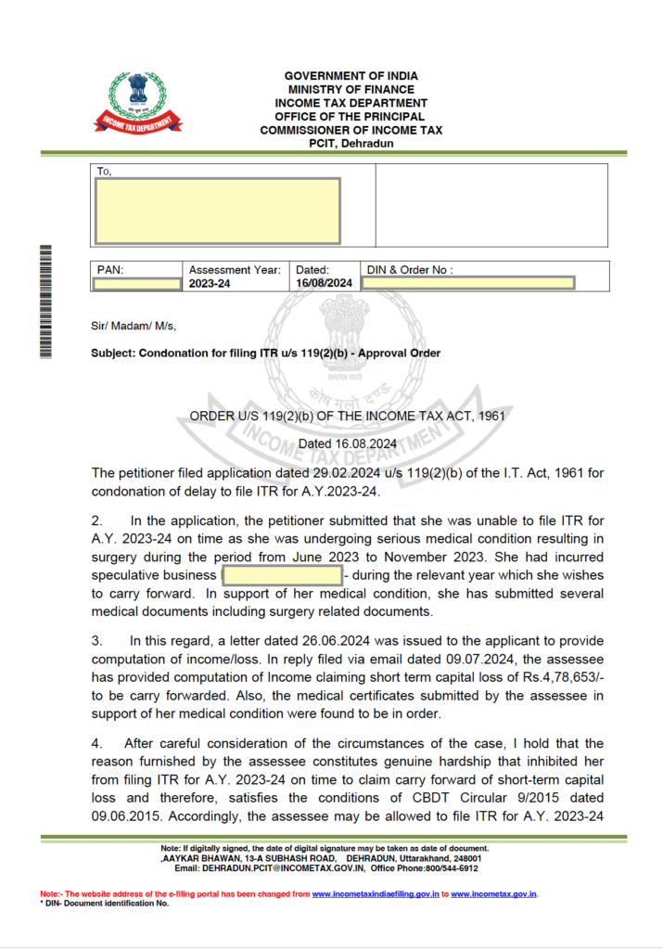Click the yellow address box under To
click(x=218, y=211)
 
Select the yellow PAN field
click(x=137, y=283)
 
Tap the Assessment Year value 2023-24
click(x=210, y=283)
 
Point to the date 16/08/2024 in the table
click(x=324, y=283)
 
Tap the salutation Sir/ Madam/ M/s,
click(x=134, y=326)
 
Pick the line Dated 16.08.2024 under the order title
click(x=347, y=443)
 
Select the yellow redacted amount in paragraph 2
click(x=282, y=575)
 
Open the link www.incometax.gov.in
click(x=494, y=894)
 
